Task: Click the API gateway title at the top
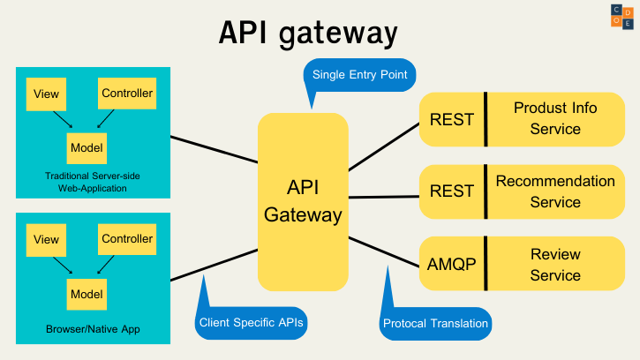tap(308, 33)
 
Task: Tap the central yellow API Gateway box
tap(303, 201)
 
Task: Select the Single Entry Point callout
tap(359, 76)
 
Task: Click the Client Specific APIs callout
tap(251, 323)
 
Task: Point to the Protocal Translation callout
tap(435, 323)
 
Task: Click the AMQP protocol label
tap(451, 264)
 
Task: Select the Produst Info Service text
tap(555, 118)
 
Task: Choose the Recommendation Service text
tap(555, 191)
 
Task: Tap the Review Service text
tap(555, 265)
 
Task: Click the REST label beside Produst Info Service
tap(451, 119)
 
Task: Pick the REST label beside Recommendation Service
tap(451, 191)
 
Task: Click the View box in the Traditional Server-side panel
tap(46, 94)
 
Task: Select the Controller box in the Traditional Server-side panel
tap(127, 93)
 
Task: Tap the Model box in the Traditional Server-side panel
tap(87, 147)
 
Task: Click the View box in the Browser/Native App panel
tap(46, 240)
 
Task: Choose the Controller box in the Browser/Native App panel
tap(127, 239)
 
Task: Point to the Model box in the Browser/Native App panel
tap(87, 294)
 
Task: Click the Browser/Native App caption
tap(93, 329)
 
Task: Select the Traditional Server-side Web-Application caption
tap(93, 182)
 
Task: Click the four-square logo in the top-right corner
tap(621, 16)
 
